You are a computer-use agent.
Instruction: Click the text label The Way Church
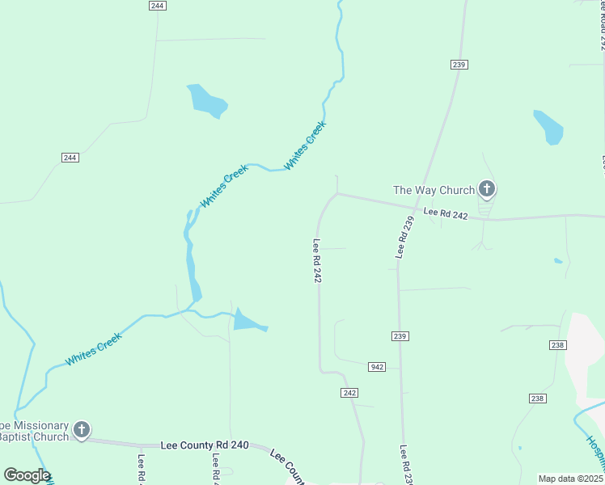[x=433, y=190]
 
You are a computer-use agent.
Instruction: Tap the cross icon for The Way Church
[x=486, y=189]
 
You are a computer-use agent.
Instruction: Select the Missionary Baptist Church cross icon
[x=81, y=429]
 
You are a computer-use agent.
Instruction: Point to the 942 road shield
[x=377, y=367]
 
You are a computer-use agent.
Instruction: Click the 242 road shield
[x=349, y=392]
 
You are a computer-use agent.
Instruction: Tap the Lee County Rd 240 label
[x=205, y=445]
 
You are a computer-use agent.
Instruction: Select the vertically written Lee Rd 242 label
[x=318, y=260]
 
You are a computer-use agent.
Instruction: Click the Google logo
[x=27, y=475]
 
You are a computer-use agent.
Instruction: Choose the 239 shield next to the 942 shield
[x=400, y=335]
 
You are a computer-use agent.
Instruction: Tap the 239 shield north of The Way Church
[x=459, y=64]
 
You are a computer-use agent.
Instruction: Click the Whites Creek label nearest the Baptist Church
[x=93, y=348]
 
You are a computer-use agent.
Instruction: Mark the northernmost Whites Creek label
[x=305, y=145]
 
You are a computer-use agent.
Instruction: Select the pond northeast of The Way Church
[x=548, y=127]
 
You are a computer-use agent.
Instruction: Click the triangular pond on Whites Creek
[x=247, y=321]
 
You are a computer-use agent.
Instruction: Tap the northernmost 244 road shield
[x=158, y=5]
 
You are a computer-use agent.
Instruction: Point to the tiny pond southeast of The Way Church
[x=558, y=260]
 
